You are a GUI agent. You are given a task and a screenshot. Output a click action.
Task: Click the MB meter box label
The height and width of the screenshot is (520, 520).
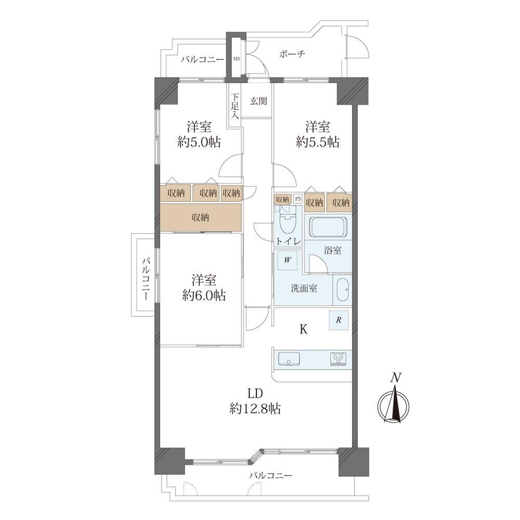(237, 59)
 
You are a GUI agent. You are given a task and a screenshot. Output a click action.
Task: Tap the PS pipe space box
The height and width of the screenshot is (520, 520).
(298, 199)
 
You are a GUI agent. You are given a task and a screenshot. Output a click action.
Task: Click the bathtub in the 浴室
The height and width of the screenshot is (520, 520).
(329, 227)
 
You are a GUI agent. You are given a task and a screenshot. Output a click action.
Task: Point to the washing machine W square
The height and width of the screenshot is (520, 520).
(288, 260)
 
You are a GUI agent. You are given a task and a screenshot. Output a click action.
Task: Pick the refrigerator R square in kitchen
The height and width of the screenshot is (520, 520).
(339, 320)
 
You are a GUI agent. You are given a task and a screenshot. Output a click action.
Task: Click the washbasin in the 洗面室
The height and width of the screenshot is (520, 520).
(343, 289)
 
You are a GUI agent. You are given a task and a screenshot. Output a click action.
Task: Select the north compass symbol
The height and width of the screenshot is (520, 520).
(394, 399)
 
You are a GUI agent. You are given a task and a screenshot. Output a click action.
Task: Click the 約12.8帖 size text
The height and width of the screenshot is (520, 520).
(255, 409)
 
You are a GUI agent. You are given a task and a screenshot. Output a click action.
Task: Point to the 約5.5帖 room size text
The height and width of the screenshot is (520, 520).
(317, 142)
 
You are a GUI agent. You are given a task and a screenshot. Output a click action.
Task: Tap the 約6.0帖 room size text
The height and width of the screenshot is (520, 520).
(204, 295)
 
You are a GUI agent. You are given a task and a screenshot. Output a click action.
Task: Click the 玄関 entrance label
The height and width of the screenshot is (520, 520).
(258, 101)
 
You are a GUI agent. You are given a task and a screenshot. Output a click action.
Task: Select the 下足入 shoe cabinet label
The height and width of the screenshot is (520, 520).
(235, 106)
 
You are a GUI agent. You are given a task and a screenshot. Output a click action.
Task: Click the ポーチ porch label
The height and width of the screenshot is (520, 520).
(292, 54)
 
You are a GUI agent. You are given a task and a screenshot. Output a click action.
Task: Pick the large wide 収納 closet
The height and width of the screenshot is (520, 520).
(201, 217)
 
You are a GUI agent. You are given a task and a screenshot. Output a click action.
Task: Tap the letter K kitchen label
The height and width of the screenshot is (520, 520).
(304, 329)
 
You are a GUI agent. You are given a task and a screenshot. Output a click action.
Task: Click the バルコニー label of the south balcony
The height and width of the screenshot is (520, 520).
(270, 476)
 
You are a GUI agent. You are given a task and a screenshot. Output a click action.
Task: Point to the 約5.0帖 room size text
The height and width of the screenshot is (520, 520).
(199, 142)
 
